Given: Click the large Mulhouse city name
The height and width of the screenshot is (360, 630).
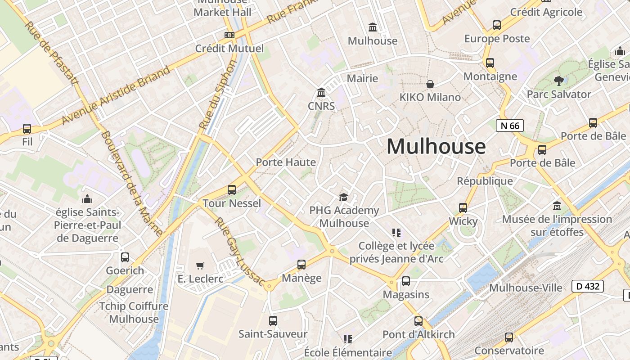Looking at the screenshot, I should pyautogui.click(x=436, y=147).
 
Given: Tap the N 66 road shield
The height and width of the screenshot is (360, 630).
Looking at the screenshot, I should pyautogui.click(x=510, y=126).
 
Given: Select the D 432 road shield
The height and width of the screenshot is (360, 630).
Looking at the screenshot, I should pyautogui.click(x=587, y=286).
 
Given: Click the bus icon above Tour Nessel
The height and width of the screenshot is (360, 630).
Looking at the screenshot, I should pyautogui.click(x=232, y=190).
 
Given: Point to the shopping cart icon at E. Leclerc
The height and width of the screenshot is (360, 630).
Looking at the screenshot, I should pyautogui.click(x=200, y=266).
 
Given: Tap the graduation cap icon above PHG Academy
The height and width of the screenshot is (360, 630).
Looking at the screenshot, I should pyautogui.click(x=344, y=197).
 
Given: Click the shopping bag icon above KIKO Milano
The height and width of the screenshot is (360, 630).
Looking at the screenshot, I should pyautogui.click(x=430, y=84).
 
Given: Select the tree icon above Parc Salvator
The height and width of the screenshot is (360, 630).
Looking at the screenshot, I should pyautogui.click(x=559, y=81).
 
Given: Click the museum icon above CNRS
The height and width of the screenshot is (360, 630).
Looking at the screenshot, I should pyautogui.click(x=321, y=93).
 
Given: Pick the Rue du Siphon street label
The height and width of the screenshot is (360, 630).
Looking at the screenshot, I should pyautogui.click(x=218, y=95).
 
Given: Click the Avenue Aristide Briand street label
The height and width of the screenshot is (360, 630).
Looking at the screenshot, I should pyautogui.click(x=116, y=95).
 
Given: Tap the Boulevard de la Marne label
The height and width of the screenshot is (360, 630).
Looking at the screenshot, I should pyautogui.click(x=131, y=183).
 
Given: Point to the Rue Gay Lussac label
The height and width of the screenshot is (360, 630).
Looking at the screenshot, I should pyautogui.click(x=239, y=251).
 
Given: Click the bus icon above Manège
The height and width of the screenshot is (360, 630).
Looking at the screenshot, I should pyautogui.click(x=301, y=265).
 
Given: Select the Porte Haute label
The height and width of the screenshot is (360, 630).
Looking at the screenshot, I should pyautogui.click(x=286, y=162).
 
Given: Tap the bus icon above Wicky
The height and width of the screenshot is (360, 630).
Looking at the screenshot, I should pyautogui.click(x=463, y=208).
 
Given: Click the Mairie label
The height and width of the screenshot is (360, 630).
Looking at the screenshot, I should pyautogui.click(x=362, y=78).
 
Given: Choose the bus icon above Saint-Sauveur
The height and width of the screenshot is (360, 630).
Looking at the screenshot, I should pyautogui.click(x=273, y=321).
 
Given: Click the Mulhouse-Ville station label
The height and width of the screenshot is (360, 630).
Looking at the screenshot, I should pyautogui.click(x=526, y=288).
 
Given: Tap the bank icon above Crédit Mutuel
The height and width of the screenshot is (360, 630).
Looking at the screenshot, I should pyautogui.click(x=229, y=35).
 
